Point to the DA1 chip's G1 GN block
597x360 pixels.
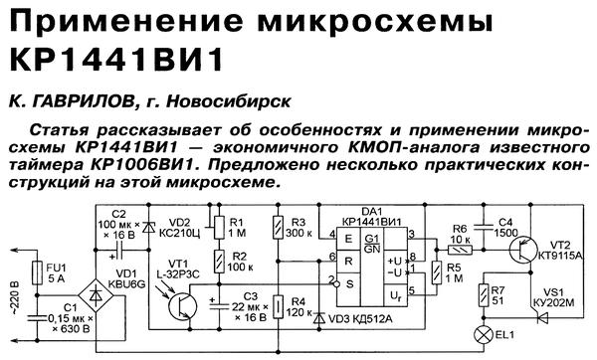[x=372, y=242]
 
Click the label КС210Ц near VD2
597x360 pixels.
[x=189, y=234]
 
